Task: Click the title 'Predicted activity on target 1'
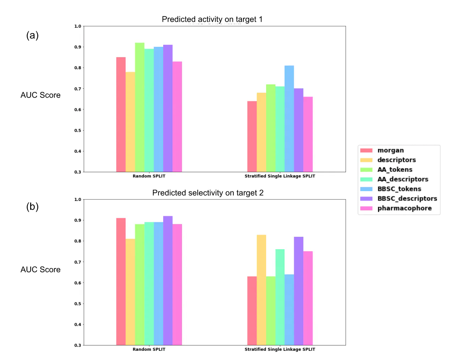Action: pos(212,19)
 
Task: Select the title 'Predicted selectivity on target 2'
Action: pos(208,193)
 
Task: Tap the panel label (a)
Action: pos(32,35)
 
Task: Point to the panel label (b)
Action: pos(32,207)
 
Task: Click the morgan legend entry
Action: pos(390,150)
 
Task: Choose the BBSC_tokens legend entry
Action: pos(399,189)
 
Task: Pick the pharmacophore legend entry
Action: pos(404,208)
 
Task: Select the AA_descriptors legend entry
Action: pos(402,179)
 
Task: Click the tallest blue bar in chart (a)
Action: pos(289,119)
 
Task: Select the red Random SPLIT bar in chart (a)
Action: pos(121,115)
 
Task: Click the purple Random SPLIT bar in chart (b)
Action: pos(168,280)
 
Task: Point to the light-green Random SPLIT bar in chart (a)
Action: pos(139,107)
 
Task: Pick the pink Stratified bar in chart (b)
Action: pos(308,298)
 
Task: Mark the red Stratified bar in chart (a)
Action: pos(252,137)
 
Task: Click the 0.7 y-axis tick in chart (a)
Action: pos(78,89)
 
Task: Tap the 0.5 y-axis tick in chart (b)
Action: pos(78,304)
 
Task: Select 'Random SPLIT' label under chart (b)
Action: pos(149,349)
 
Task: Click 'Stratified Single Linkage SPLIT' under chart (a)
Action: pos(280,176)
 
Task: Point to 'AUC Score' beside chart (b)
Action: pos(40,269)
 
